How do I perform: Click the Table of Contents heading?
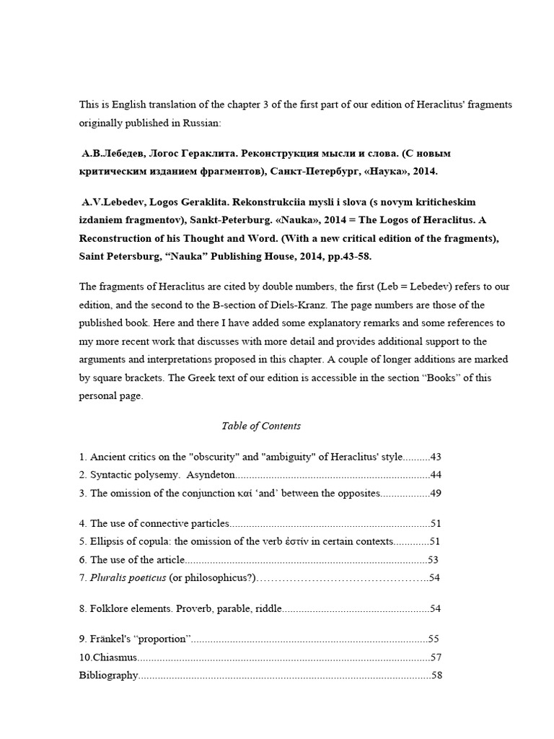(261, 426)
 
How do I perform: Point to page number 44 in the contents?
(435, 474)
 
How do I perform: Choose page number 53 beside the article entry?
(434, 559)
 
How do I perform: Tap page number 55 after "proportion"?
(434, 639)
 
